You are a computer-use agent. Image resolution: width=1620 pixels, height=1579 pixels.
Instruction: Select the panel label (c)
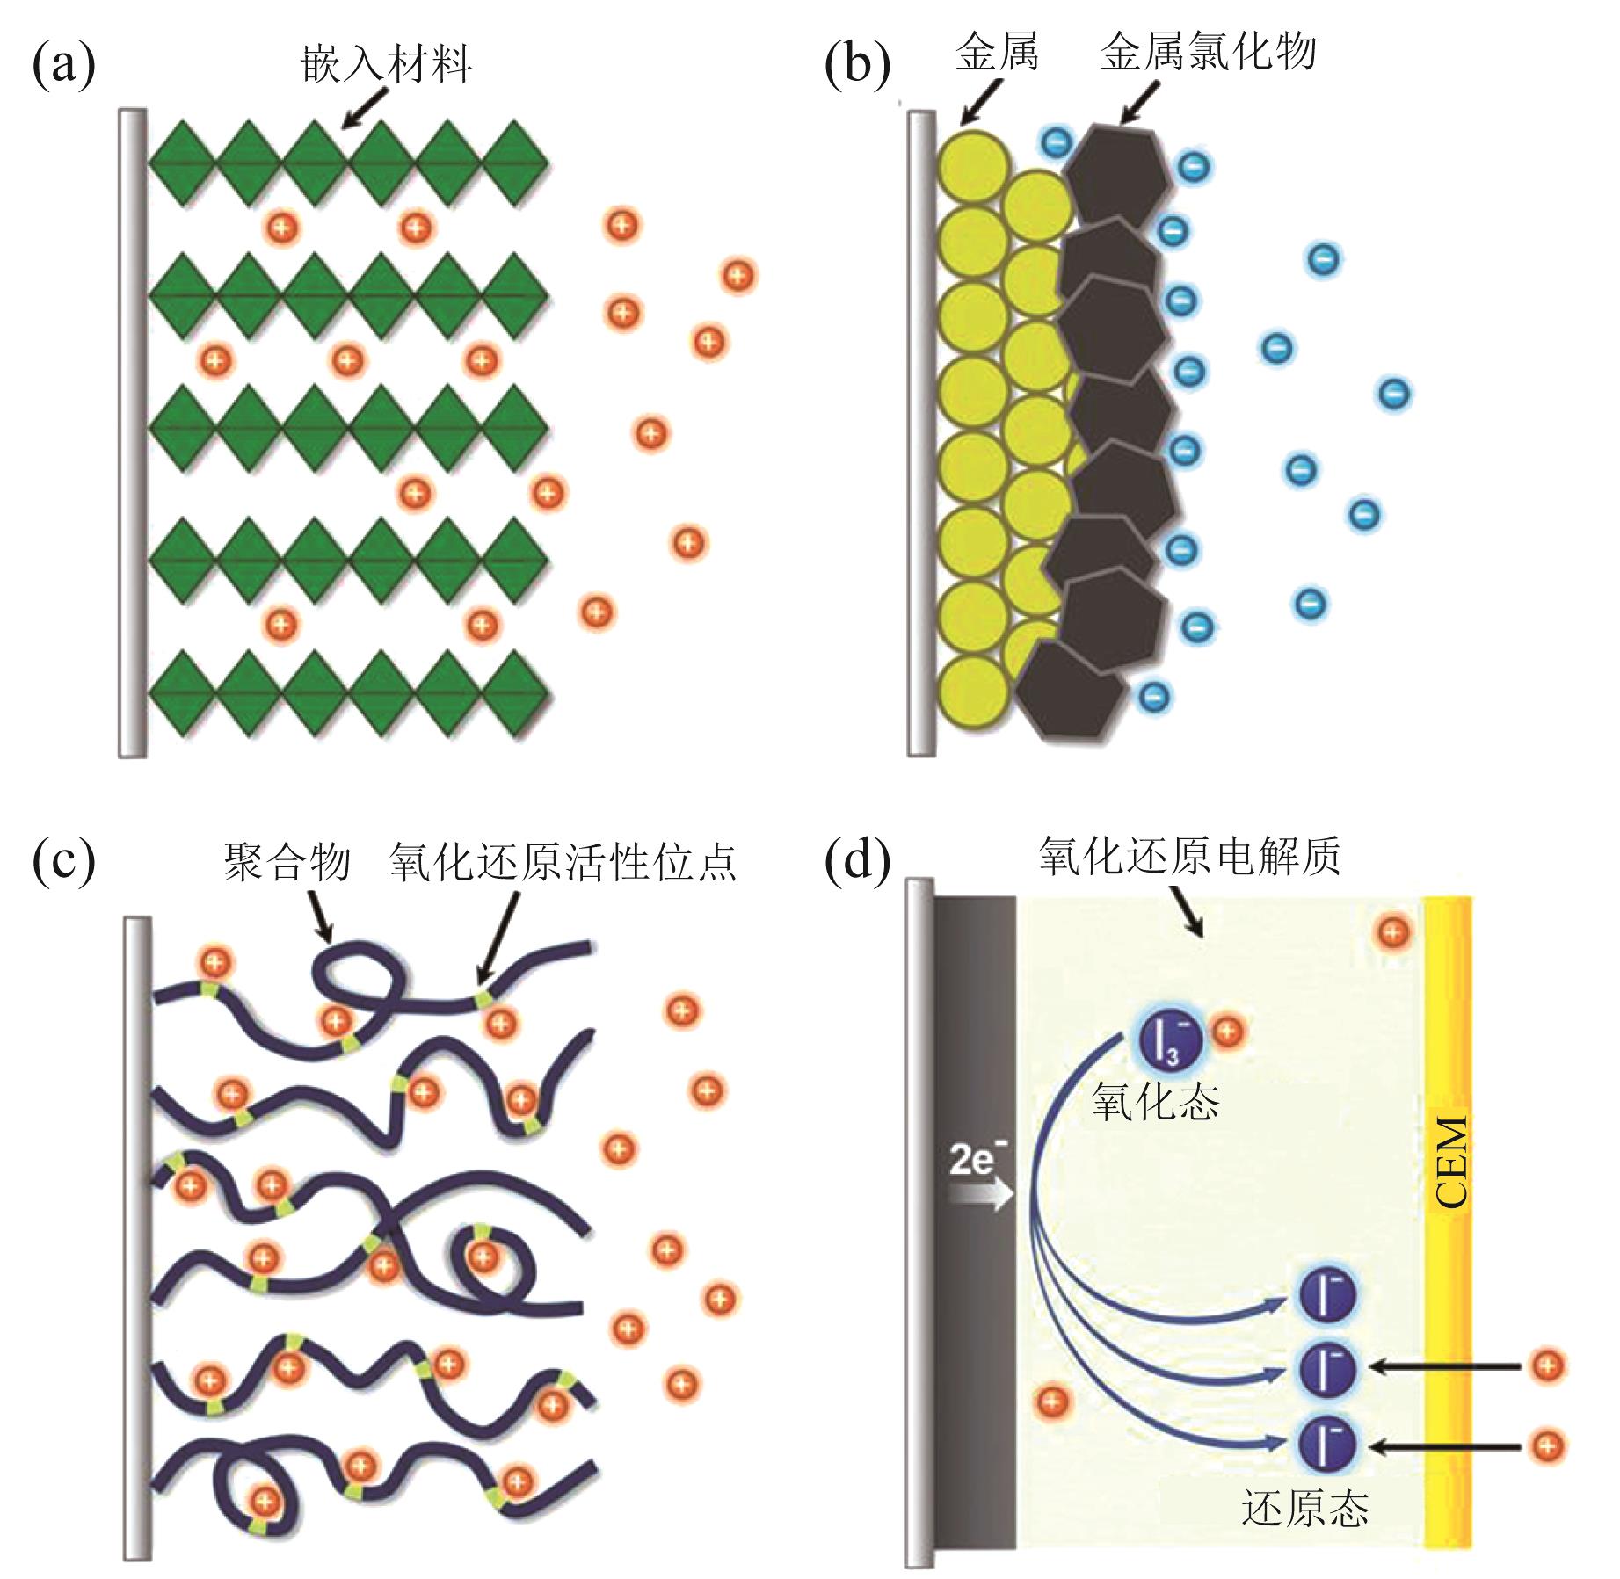[x=63, y=861]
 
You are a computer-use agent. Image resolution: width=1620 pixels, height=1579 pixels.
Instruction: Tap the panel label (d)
[x=857, y=861]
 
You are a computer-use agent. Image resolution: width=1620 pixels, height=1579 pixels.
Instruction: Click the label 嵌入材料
[x=386, y=64]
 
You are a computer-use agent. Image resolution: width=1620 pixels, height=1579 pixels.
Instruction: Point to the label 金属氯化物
[x=1208, y=53]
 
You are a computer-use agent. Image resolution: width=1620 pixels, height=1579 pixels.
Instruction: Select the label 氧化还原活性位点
[x=563, y=862]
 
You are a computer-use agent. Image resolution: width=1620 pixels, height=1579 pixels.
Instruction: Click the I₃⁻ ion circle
[x=1172, y=1039]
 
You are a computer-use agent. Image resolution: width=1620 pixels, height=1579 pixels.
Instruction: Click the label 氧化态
[x=1156, y=1100]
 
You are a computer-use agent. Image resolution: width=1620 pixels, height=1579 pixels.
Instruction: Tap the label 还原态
[x=1305, y=1509]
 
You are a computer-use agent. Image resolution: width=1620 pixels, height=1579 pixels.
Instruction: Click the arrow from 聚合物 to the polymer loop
[x=322, y=914]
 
